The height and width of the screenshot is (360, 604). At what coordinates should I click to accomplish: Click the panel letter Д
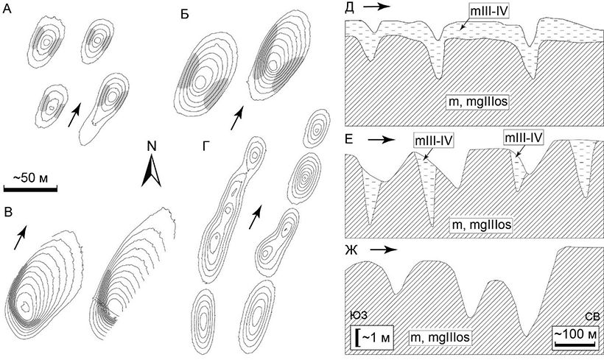tap(351, 7)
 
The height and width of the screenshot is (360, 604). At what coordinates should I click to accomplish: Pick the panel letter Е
tap(351, 138)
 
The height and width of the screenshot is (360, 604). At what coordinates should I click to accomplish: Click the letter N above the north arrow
tap(151, 146)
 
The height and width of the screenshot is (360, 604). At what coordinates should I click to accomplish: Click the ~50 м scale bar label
tap(35, 179)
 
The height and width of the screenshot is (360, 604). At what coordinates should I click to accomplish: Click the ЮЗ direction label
tap(359, 317)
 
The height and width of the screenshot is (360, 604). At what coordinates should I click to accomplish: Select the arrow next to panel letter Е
tap(381, 138)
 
